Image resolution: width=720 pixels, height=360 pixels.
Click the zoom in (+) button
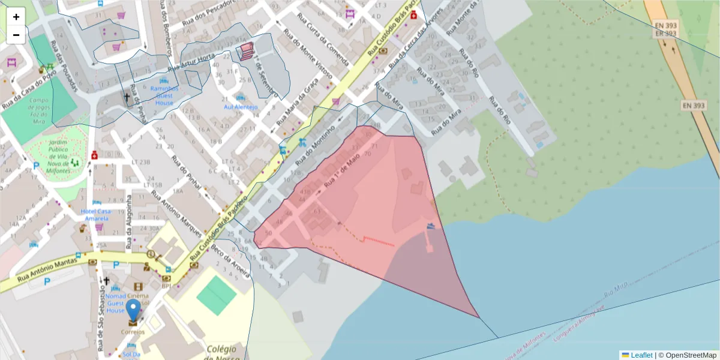pos(16,17)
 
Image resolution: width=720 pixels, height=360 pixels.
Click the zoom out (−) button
pos(16,35)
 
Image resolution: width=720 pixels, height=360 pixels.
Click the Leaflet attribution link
pos(641,355)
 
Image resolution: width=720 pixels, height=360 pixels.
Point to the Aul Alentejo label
pos(241,107)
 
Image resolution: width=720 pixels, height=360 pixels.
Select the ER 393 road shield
pos(666,34)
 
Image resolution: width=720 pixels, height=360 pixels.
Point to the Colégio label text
pos(220,349)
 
